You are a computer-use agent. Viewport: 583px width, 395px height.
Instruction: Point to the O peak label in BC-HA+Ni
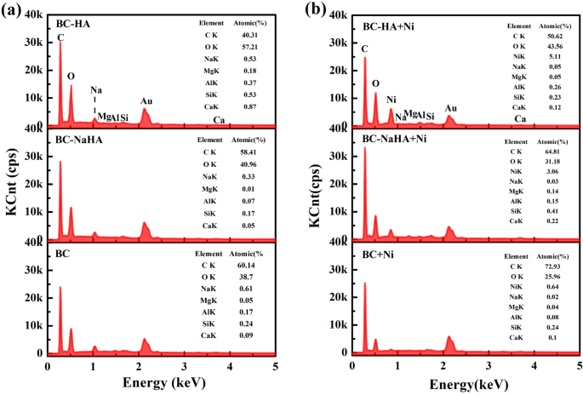coord(375,83)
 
